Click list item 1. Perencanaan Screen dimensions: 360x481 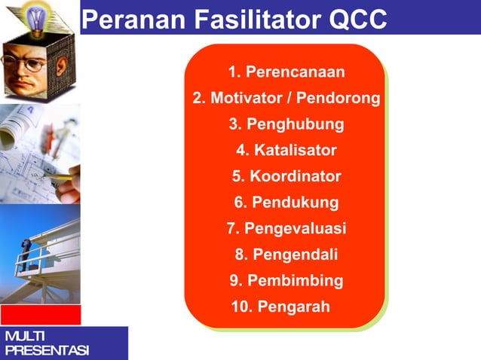point(286,72)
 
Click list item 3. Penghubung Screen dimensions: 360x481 point(286,124)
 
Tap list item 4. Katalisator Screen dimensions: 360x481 point(286,151)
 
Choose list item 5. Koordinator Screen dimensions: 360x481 point(286,177)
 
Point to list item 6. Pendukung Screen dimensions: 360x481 point(286,203)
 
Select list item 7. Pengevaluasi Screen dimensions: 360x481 point(286,229)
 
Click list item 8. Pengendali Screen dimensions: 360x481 point(286,255)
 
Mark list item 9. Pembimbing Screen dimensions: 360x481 point(286,281)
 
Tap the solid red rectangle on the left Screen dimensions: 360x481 point(40,314)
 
